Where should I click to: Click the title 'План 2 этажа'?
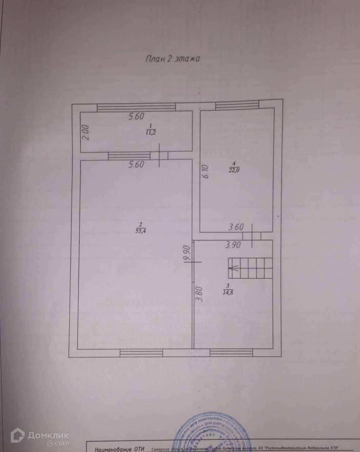tap(173, 59)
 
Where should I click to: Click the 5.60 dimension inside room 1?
tap(136, 117)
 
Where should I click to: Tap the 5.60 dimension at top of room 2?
tap(136, 165)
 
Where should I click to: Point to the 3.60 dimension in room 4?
tap(236, 227)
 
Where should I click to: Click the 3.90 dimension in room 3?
tap(232, 245)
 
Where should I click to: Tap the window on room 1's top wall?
tap(136, 107)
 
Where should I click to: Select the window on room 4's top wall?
tap(237, 106)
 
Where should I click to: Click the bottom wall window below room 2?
tap(141, 353)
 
